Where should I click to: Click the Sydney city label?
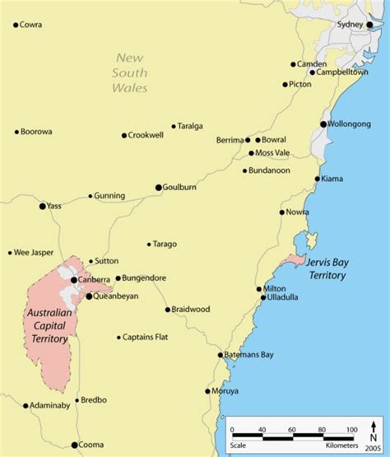pyautogui.click(x=351, y=25)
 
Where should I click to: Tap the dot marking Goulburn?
pyautogui.click(x=159, y=188)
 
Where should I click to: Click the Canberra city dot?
pyautogui.click(x=74, y=280)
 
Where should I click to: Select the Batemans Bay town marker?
pyautogui.click(x=221, y=355)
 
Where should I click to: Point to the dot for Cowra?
pyautogui.click(x=16, y=25)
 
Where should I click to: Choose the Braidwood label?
pyautogui.click(x=191, y=310)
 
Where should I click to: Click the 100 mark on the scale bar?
pyautogui.click(x=351, y=430)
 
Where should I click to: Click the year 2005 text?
pyautogui.click(x=373, y=449)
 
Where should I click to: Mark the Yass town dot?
pyautogui.click(x=43, y=206)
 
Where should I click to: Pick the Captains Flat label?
pyautogui.click(x=146, y=337)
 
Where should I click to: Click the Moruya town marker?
pyautogui.click(x=208, y=391)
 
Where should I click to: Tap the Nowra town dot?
pyautogui.click(x=281, y=212)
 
